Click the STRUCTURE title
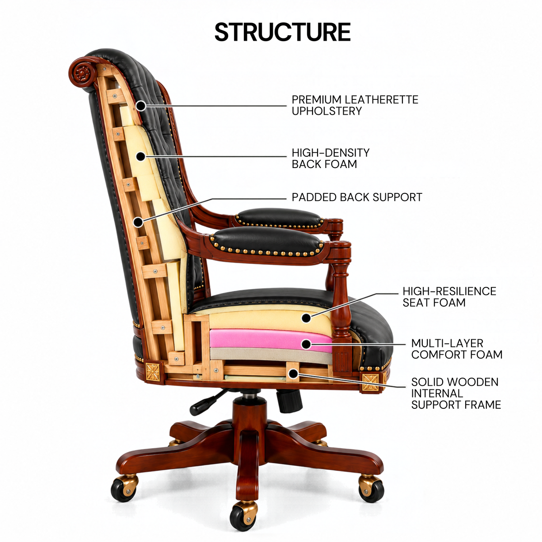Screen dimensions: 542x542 click(x=282, y=32)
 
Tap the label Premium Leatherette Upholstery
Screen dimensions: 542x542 click(x=355, y=105)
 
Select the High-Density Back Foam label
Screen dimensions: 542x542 click(x=331, y=159)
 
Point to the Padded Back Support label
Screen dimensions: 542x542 click(x=357, y=197)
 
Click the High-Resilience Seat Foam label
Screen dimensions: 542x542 click(x=449, y=297)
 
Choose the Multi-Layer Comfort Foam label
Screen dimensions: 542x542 click(x=457, y=349)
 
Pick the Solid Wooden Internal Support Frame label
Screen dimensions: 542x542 click(x=456, y=393)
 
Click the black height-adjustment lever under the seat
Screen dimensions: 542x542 click(x=209, y=402)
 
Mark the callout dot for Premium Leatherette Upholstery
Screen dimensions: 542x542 click(x=141, y=106)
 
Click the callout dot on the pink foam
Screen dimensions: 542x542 click(x=306, y=344)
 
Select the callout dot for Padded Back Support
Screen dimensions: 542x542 click(x=138, y=223)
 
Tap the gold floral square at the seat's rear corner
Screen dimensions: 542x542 click(x=153, y=372)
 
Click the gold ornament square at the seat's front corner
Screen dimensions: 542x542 click(x=370, y=382)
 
